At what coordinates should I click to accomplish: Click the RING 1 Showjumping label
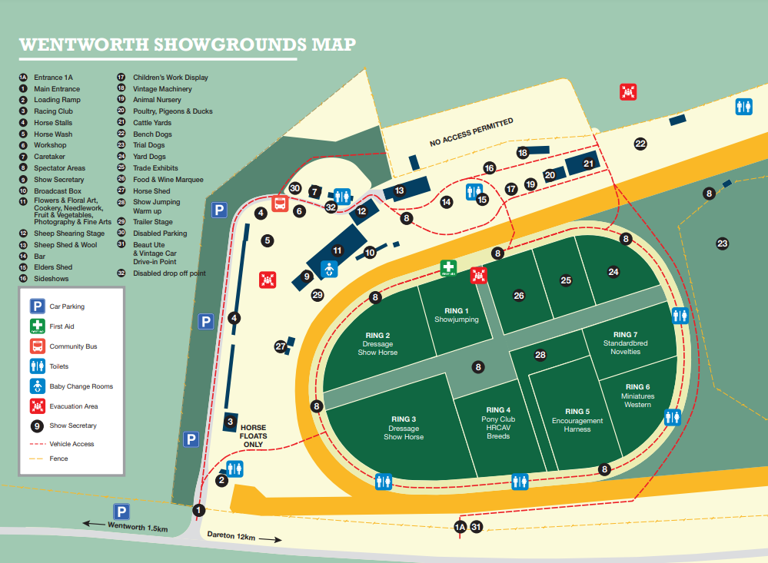tap(456, 315)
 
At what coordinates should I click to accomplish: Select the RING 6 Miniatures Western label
tap(637, 396)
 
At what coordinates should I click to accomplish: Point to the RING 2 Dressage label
tap(377, 343)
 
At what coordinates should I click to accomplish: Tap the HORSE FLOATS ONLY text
tap(253, 436)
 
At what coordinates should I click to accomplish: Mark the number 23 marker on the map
tap(722, 243)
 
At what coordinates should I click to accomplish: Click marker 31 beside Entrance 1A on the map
tap(476, 527)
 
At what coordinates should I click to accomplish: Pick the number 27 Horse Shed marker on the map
tap(281, 346)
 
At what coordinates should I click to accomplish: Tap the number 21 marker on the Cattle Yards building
tap(588, 163)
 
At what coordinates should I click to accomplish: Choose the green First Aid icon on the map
tap(448, 268)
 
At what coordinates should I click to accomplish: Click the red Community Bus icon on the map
tap(281, 204)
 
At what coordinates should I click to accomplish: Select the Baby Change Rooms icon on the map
tap(329, 269)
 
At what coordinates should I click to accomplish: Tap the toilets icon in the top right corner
tap(743, 106)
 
